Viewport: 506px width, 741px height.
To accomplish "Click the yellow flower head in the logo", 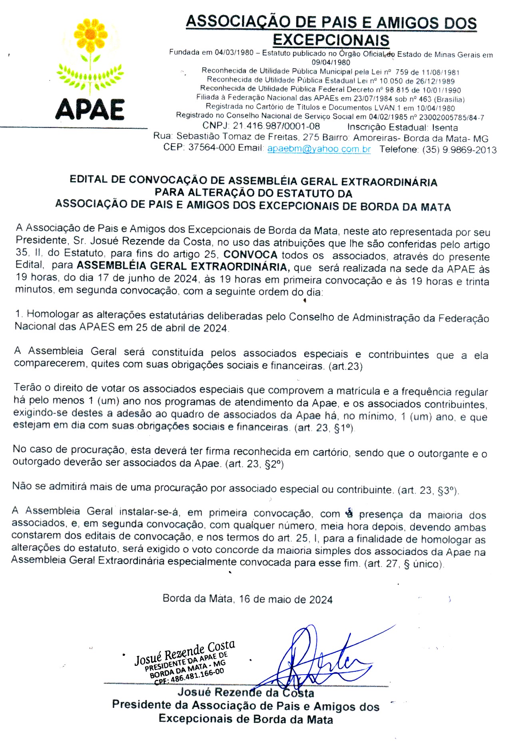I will point(91,34).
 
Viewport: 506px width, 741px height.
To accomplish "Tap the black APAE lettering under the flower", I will point(90,109).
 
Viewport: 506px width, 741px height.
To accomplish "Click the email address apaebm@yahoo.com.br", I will point(319,149).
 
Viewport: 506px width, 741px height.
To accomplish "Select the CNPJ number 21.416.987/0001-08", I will point(276,126).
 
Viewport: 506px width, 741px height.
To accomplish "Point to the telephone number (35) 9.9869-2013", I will point(459,150).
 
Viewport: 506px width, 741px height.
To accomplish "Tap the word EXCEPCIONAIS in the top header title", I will point(331,40).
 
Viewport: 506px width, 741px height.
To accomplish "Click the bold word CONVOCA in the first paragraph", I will point(250,255).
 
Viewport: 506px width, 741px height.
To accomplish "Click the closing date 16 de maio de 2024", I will point(286,599).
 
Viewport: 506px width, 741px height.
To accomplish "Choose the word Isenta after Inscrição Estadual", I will point(445,128).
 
